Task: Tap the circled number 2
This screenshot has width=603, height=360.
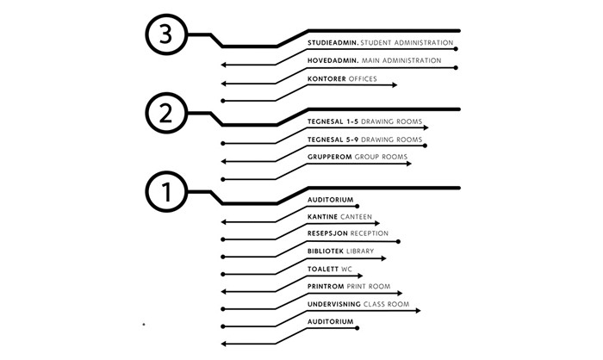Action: pos(165,113)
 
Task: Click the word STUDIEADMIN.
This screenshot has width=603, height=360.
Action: pos(333,42)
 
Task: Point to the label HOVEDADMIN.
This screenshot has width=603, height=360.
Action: pos(332,61)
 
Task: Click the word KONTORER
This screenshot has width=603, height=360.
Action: pos(326,79)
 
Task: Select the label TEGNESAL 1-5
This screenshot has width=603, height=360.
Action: pos(333,121)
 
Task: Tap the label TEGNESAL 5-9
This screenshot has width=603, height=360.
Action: pos(333,140)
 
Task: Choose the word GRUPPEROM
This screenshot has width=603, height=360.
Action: pos(329,158)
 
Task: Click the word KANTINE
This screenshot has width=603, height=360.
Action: pos(322,217)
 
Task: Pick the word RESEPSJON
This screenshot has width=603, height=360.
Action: pos(328,233)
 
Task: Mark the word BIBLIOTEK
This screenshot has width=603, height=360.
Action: pos(326,251)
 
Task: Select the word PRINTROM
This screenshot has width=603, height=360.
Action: pos(326,286)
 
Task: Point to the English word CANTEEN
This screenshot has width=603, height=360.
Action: pos(356,217)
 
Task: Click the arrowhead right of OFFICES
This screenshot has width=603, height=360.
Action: pos(395,85)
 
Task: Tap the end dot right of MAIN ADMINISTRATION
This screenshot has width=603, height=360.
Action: pos(456,67)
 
